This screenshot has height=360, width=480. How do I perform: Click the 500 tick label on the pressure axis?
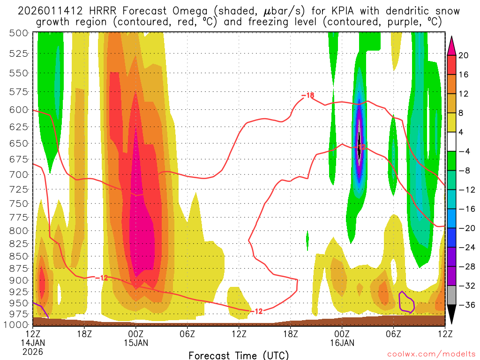pos(18,33)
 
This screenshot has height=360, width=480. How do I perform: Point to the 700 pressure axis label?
pos(18,174)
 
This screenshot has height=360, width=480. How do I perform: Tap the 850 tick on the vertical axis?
pos(18,257)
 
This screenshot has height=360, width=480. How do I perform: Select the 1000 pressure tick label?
pos(16,324)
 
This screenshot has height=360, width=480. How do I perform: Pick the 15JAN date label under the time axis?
pos(135,342)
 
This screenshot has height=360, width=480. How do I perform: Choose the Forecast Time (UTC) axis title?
pos(239,355)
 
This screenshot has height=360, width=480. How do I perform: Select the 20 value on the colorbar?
pos(464,55)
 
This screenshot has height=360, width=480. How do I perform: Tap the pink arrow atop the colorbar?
pos(452,45)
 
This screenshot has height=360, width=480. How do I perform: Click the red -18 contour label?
pos(308,96)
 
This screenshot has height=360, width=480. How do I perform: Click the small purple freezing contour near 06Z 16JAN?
pos(406,302)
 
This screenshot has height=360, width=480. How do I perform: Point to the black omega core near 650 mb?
pos(359,141)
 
